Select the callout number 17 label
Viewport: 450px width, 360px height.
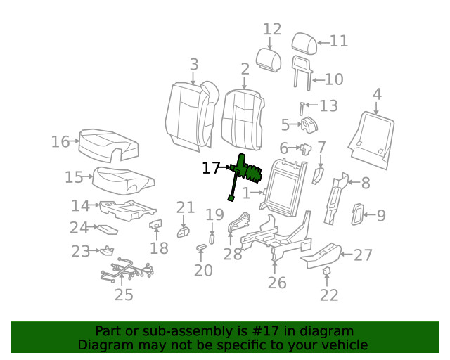coord(211,168)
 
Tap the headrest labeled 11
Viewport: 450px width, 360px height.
coord(303,41)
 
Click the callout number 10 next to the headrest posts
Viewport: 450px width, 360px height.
coord(333,79)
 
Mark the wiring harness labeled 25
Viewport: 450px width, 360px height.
coord(127,271)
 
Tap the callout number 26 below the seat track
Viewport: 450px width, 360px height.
coord(277,283)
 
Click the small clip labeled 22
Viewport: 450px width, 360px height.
coord(327,271)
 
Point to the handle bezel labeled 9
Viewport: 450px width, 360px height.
coord(358,215)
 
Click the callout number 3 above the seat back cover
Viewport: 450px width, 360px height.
coord(194,65)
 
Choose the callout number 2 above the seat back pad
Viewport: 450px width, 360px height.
coord(245,69)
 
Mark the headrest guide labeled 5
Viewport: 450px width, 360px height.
coord(309,127)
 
